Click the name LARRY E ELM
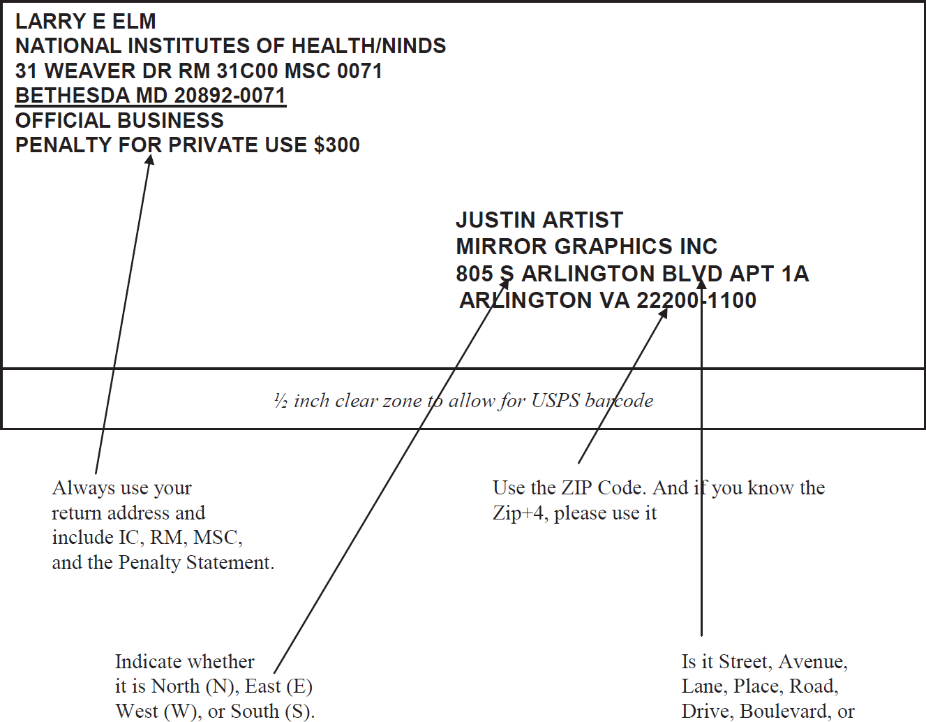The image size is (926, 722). (86, 22)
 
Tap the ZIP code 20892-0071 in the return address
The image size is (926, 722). (230, 96)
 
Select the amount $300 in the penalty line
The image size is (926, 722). (336, 145)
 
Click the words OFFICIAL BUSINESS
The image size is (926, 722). (119, 120)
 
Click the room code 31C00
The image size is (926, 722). (247, 71)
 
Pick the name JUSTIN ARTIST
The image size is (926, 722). (539, 220)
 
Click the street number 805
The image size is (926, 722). (475, 274)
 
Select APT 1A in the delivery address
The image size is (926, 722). (769, 274)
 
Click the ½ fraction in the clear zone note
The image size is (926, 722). (281, 401)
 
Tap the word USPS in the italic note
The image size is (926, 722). (555, 401)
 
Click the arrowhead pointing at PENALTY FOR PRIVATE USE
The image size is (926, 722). (149, 159)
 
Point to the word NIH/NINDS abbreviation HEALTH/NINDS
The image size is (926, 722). (368, 46)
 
